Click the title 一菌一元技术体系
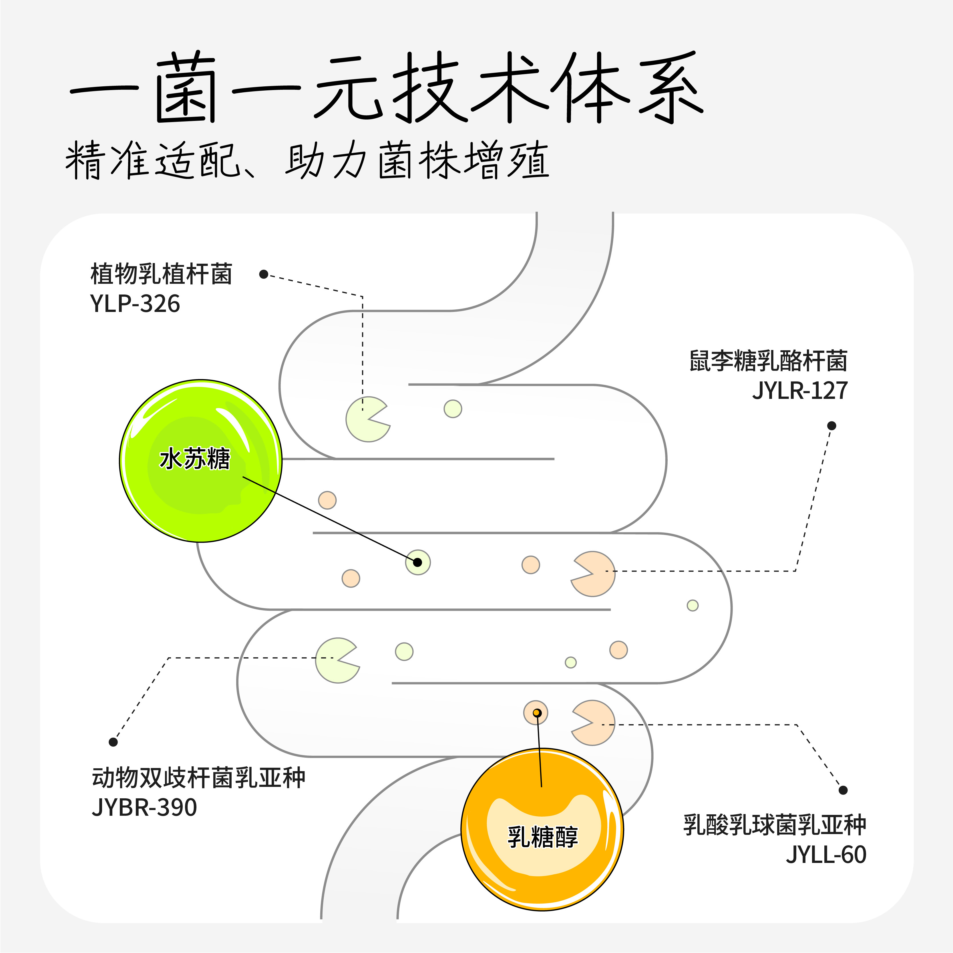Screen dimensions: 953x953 [x=386, y=88]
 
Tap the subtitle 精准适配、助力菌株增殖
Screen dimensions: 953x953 [x=307, y=160]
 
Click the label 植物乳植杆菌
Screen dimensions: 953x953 [x=161, y=274]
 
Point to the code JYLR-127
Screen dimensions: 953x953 [x=799, y=391]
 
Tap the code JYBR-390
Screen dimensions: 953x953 [x=144, y=807]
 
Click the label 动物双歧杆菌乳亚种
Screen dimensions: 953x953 [x=199, y=778]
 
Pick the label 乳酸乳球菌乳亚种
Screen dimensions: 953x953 [x=774, y=825]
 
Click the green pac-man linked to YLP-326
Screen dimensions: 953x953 [x=366, y=419]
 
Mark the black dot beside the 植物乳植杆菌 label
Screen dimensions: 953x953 [x=263, y=274]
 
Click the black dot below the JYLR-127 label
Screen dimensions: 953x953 [x=832, y=426]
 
